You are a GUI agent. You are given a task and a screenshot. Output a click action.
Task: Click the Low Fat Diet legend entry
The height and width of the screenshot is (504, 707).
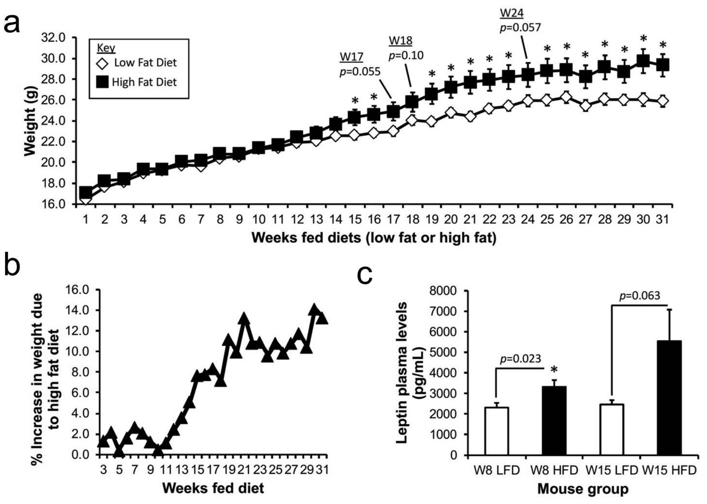coord(138,63)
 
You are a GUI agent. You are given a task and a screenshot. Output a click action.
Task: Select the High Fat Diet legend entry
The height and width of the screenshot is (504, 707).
coord(138,82)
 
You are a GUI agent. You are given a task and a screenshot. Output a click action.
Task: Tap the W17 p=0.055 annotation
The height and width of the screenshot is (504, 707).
coord(360,65)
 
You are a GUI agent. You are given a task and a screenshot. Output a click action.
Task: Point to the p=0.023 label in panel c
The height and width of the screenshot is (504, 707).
coord(520,359)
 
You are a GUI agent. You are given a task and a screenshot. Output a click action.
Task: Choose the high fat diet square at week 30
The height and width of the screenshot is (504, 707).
coord(643,61)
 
